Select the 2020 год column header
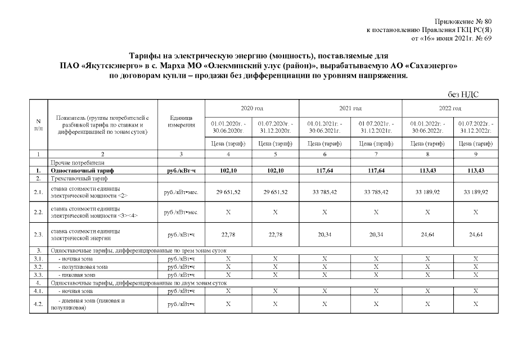click(x=251, y=108)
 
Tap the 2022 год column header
click(x=450, y=108)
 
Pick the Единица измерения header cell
click(x=182, y=121)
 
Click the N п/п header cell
click(x=38, y=124)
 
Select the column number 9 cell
click(x=475, y=153)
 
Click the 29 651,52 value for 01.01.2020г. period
click(x=228, y=192)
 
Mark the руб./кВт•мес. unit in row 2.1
click(x=182, y=192)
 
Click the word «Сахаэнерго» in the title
click(x=430, y=66)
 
